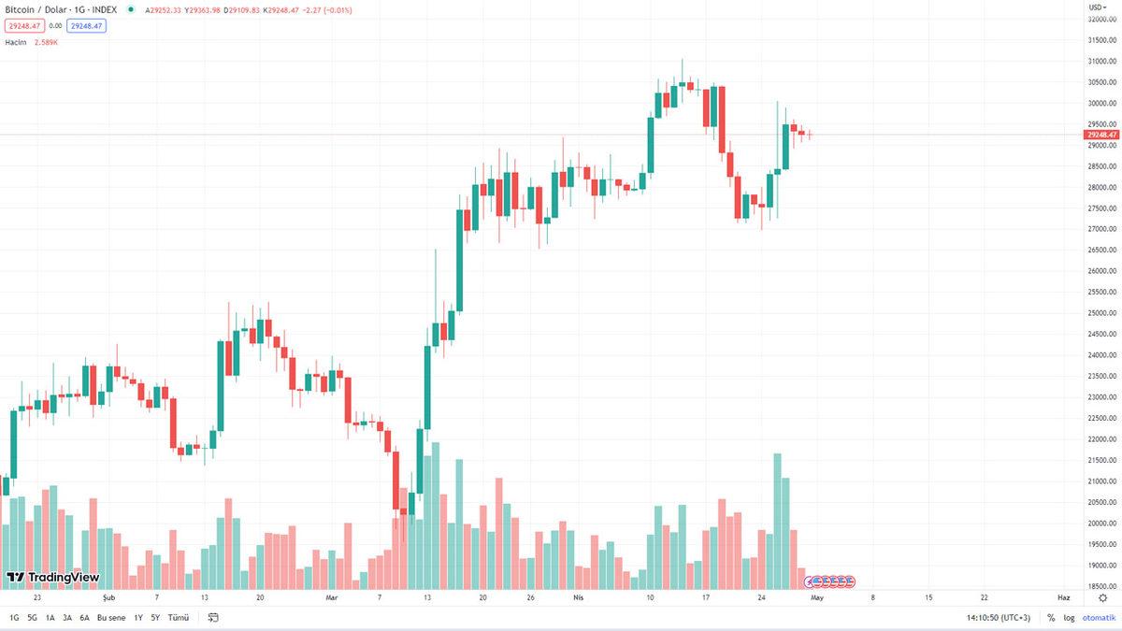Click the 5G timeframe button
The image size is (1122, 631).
(x=32, y=618)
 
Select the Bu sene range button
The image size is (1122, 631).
(x=110, y=618)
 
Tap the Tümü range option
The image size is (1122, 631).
(x=178, y=618)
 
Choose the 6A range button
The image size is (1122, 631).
(x=84, y=618)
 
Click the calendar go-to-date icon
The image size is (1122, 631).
(x=213, y=618)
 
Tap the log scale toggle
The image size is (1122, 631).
(x=1069, y=618)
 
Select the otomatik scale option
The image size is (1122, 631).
(x=1099, y=618)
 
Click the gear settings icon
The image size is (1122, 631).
(x=1102, y=597)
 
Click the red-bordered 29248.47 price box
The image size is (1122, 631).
(x=23, y=26)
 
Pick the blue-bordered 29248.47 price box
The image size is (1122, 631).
(x=86, y=26)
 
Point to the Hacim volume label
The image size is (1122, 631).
(x=16, y=42)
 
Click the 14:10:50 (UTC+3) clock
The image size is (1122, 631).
(x=999, y=618)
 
